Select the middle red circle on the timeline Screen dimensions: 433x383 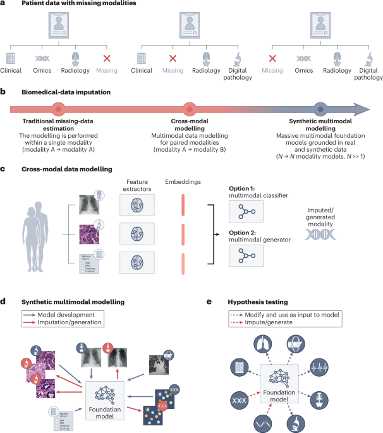[x=188, y=108]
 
